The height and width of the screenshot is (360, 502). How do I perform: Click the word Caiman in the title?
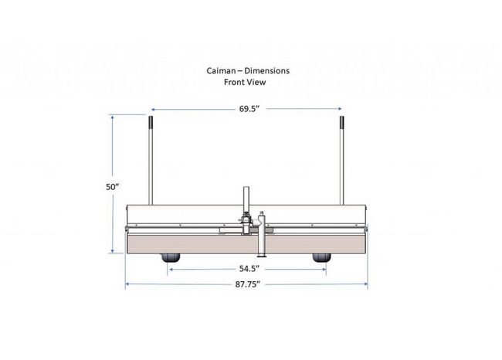point(220,70)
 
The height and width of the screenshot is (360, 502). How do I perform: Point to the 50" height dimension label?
point(113,187)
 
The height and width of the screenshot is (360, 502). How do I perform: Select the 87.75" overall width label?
point(247,284)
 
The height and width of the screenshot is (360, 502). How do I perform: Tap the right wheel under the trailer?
point(321,259)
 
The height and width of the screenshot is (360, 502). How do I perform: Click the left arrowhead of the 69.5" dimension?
point(152,109)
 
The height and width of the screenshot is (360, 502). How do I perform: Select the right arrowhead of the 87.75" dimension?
point(365,284)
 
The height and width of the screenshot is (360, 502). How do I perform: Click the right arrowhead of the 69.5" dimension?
point(340,109)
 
